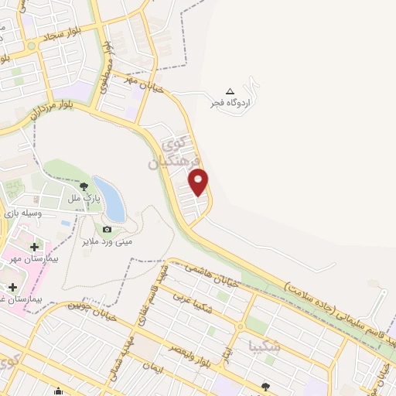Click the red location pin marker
coord(199,182)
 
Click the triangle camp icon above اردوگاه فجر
coord(229,90)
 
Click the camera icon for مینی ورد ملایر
coord(107,229)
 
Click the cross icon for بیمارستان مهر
coord(34,247)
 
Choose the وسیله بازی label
coord(21,211)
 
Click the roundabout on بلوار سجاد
coord(32,46)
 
